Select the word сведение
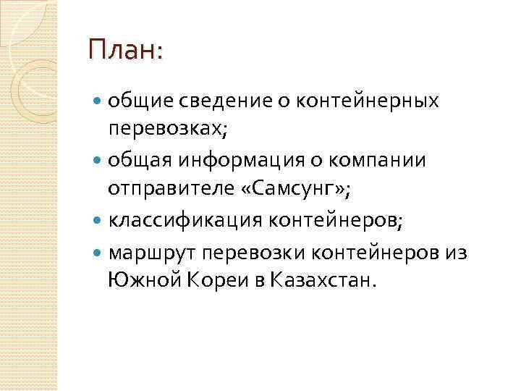[x=222, y=100]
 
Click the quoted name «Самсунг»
[x=296, y=189]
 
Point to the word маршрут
[x=153, y=249]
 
